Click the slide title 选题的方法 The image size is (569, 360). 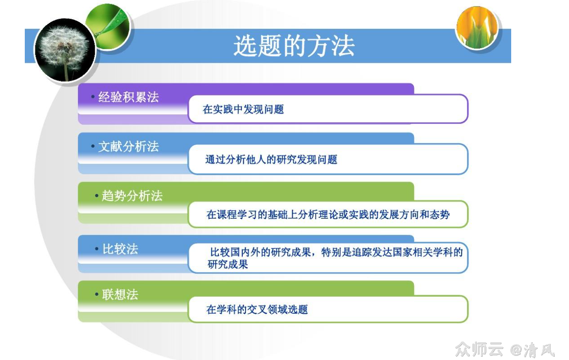point(294,46)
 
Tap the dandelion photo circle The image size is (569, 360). point(64,50)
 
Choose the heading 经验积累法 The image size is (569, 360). point(128,97)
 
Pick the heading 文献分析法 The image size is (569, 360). point(128,146)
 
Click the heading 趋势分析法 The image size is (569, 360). point(132,196)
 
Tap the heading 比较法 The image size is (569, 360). point(120,249)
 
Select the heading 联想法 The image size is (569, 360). point(120,294)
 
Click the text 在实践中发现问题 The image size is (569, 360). point(243,109)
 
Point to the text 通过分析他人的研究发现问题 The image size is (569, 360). point(271,160)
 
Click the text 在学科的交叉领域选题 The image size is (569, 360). point(257,310)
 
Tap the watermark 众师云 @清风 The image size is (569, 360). point(505,350)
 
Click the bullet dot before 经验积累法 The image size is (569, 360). point(93,97)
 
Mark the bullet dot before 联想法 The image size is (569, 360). point(97,294)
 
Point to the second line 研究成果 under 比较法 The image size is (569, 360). point(228,265)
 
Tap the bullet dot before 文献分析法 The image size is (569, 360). point(93,146)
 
